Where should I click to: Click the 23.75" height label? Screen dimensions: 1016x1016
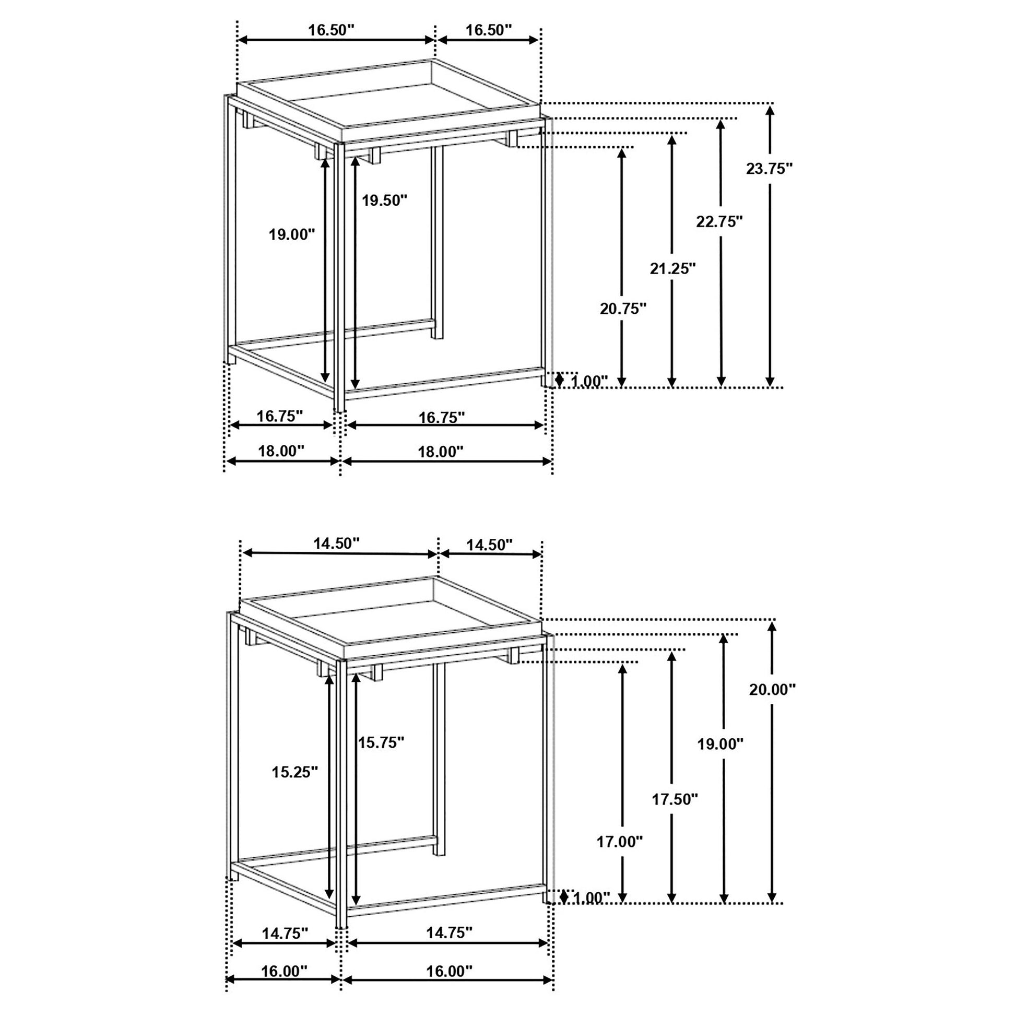770,169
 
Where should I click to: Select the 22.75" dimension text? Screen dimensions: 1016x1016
719,221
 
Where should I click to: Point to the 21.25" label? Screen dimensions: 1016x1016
672,269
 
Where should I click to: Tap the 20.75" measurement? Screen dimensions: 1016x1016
623,309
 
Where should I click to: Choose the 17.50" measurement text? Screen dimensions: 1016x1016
675,799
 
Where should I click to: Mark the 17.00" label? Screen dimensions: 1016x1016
620,842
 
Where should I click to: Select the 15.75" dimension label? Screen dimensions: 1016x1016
381,742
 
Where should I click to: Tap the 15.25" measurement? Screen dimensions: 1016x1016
295,772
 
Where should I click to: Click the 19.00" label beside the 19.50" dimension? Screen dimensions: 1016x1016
292,234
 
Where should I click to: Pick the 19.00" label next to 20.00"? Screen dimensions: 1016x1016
720,743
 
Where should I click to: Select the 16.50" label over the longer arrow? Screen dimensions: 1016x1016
332,30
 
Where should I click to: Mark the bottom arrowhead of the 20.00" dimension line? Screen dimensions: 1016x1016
772,897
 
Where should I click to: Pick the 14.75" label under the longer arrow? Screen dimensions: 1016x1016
449,932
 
